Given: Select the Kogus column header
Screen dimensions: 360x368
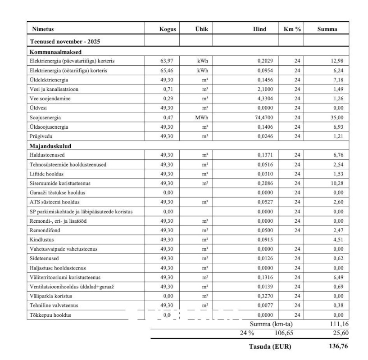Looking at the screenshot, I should point(167,29).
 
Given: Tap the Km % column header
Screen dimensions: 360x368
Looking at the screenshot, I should point(291,29).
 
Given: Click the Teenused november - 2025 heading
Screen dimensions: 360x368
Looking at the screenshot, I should point(65,41).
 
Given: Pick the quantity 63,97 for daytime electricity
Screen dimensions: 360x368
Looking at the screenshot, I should point(167,61).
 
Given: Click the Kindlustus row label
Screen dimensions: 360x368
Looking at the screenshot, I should point(41,240).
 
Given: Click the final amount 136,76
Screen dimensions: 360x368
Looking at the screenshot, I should point(337,346).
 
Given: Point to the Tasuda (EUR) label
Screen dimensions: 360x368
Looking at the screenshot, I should point(271,347).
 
